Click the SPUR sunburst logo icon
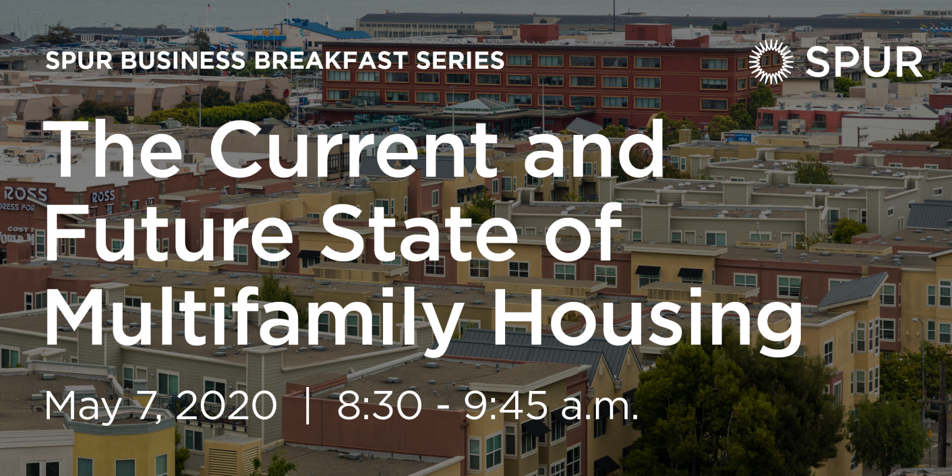(x=771, y=62)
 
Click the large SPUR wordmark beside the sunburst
(x=864, y=62)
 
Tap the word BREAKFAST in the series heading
(x=331, y=60)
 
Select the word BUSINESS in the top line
(x=183, y=60)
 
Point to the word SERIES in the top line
(x=460, y=60)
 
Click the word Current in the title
(x=353, y=150)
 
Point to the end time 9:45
(x=505, y=406)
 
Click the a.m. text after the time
(x=599, y=409)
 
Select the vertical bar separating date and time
(x=307, y=407)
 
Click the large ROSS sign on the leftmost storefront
(x=26, y=195)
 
